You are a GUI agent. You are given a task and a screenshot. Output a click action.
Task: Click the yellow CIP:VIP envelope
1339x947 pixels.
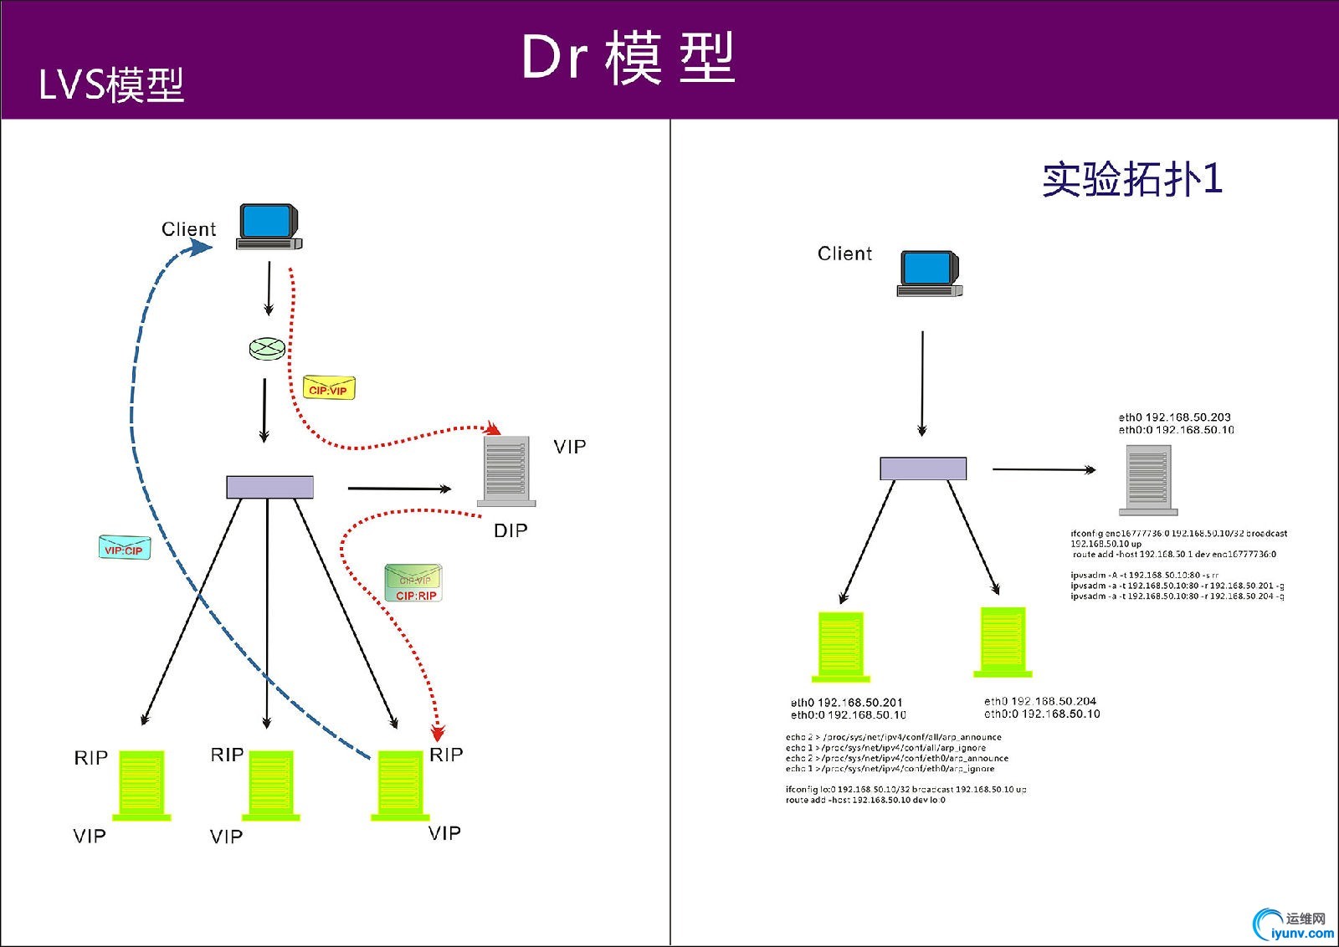pyautogui.click(x=329, y=388)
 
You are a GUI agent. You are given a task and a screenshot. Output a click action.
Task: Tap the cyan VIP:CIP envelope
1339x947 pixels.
pyautogui.click(x=125, y=548)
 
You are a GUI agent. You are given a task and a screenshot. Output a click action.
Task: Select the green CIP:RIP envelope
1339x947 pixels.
pyautogui.click(x=413, y=583)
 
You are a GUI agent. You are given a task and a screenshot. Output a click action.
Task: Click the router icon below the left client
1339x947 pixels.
pyautogui.click(x=267, y=349)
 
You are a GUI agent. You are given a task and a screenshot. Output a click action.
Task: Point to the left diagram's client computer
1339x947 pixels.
pyautogui.click(x=269, y=226)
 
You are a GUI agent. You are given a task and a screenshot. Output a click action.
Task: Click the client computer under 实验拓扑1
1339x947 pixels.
pyautogui.click(x=929, y=273)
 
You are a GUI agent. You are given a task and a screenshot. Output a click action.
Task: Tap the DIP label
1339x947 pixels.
pyautogui.click(x=510, y=530)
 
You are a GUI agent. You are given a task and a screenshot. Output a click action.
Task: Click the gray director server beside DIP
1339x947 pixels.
pyautogui.click(x=505, y=471)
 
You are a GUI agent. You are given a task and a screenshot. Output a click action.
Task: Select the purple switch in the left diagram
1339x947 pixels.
pyautogui.click(x=269, y=487)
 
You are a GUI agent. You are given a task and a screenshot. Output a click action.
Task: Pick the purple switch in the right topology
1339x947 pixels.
pyautogui.click(x=923, y=468)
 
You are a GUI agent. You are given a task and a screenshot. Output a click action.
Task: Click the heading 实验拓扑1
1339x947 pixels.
pyautogui.click(x=1132, y=179)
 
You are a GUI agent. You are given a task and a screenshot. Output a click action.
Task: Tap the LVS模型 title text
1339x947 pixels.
pyautogui.click(x=111, y=84)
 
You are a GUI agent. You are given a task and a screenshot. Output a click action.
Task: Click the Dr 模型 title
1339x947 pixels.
pyautogui.click(x=628, y=58)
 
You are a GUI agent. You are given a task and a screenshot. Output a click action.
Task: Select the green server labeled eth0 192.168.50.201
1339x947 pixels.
pyautogui.click(x=841, y=647)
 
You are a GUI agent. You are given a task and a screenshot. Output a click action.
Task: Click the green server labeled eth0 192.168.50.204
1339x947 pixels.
pyautogui.click(x=1003, y=642)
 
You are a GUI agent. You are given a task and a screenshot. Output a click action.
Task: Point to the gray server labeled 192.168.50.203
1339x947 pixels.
pyautogui.click(x=1148, y=479)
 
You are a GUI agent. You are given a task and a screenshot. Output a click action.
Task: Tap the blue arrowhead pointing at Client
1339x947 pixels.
pyautogui.click(x=200, y=247)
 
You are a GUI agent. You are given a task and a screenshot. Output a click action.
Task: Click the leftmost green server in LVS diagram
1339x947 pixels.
pyautogui.click(x=141, y=785)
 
